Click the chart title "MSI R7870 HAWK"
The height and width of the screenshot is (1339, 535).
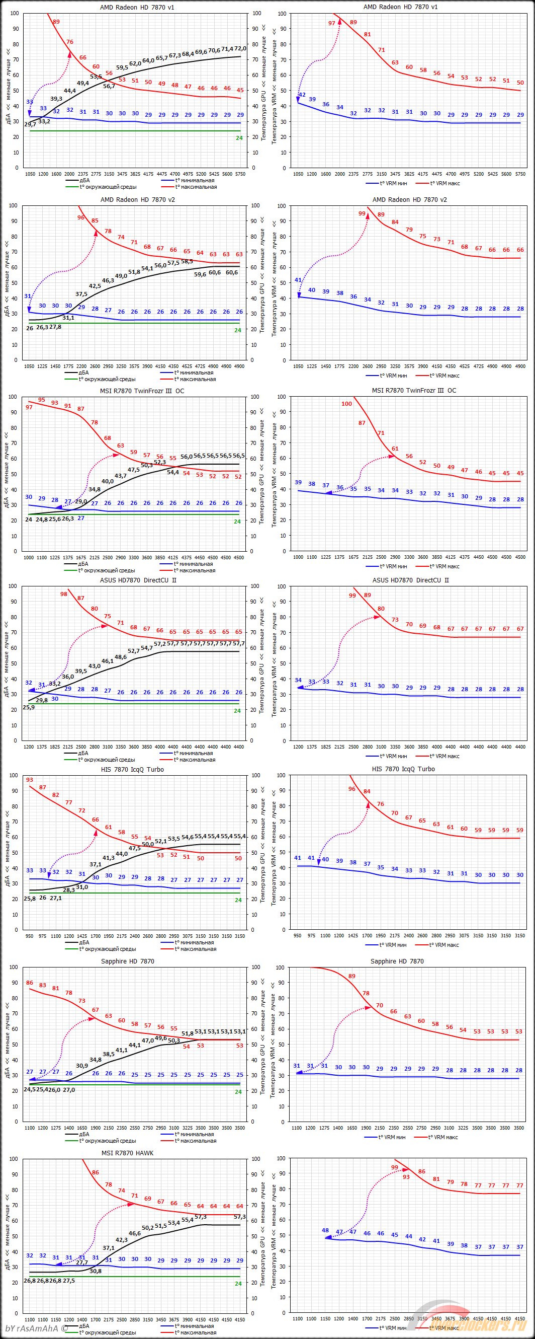[x=127, y=1153]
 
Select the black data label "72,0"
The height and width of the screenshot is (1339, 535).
[x=240, y=48]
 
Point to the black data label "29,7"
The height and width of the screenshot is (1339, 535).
[x=30, y=124]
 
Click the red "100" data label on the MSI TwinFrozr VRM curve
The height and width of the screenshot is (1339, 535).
[x=346, y=404]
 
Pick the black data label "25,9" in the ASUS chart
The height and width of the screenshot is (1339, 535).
[x=29, y=707]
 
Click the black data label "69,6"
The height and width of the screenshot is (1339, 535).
[x=201, y=52]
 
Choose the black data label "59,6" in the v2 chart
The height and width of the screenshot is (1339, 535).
[x=200, y=274]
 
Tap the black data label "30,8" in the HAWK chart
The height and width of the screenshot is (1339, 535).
[x=96, y=1271]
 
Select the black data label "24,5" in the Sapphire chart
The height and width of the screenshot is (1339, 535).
[x=30, y=1089]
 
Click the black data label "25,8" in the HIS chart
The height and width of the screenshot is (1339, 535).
[x=30, y=898]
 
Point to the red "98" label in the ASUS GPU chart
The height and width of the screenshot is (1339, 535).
[x=63, y=594]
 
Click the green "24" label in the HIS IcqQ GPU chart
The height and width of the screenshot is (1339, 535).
[x=238, y=900]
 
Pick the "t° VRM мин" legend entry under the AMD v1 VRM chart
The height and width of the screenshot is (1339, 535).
[x=393, y=183]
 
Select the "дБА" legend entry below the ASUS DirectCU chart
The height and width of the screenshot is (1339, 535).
[x=83, y=753]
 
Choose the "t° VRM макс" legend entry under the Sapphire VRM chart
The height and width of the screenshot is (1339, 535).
[x=443, y=1137]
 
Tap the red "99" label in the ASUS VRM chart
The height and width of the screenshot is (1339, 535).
[x=352, y=596]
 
